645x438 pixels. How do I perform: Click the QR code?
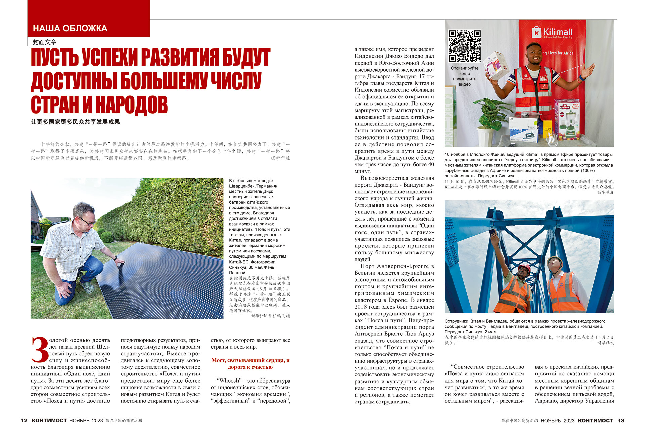tap(465, 46)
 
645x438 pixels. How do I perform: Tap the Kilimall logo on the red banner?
tap(552, 33)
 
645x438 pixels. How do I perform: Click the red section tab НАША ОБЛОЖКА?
tap(70, 28)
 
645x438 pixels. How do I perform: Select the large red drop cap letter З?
tap(40, 350)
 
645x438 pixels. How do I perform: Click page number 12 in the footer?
tap(24, 420)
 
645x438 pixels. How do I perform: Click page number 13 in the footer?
tap(621, 420)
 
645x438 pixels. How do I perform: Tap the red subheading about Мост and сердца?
tap(250, 364)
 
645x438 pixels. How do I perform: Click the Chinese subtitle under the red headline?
tap(75, 122)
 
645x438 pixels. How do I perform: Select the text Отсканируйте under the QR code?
tap(464, 68)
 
